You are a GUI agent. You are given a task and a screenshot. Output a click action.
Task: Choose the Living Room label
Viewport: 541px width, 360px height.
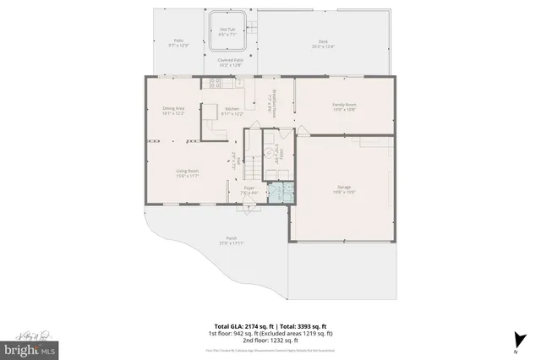(187, 173)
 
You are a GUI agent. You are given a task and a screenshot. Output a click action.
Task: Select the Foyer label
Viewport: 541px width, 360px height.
(249, 190)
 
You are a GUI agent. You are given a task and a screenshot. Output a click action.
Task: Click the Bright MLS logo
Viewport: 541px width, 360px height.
(29, 347)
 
